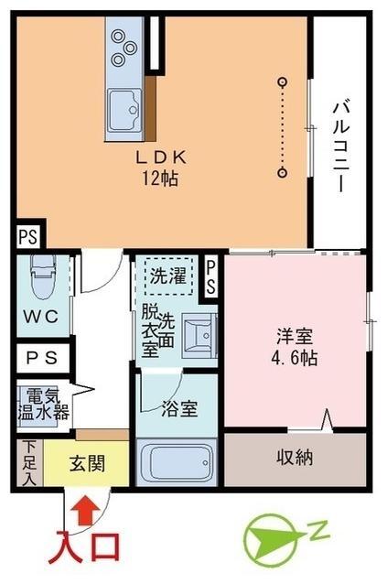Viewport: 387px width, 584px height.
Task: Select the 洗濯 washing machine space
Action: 168,276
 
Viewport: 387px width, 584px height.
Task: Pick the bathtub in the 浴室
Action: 175,463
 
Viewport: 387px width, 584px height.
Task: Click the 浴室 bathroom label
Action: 176,406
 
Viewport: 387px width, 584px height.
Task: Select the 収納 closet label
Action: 295,457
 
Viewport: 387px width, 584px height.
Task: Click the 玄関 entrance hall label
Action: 87,463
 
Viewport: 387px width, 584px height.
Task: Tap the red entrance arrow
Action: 85,507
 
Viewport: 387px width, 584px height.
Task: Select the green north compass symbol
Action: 272,538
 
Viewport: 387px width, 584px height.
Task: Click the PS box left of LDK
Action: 27,237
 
